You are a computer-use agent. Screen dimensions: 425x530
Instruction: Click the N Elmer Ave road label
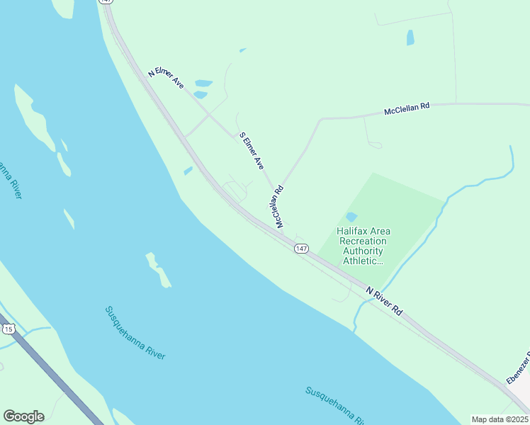coord(166,78)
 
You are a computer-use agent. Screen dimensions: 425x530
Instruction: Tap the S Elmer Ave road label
coord(252,150)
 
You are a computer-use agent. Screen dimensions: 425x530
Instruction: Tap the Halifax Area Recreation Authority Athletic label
coord(363,246)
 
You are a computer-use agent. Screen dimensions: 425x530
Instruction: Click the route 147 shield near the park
coord(302,249)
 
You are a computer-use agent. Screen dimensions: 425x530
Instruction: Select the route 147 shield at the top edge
coord(108,2)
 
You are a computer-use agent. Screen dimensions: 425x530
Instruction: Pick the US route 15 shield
coord(9,329)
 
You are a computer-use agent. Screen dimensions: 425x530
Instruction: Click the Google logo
coord(23,416)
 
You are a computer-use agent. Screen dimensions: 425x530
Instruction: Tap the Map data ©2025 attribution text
coord(500,419)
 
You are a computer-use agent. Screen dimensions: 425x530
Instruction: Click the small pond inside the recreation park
coord(351,217)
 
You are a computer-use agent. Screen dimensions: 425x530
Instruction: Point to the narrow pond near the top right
coord(410,38)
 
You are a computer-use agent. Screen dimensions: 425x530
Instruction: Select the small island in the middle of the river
coord(158,269)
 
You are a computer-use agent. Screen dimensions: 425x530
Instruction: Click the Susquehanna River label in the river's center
coord(135,332)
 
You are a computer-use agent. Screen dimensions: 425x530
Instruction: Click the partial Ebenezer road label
coord(518,368)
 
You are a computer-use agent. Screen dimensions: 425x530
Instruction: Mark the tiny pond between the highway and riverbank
coord(188,171)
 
